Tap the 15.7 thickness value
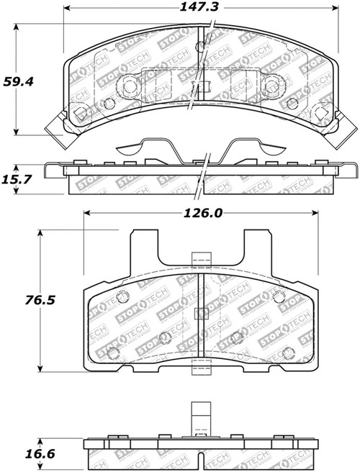tap(17, 179)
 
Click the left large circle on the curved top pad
tap(130, 87)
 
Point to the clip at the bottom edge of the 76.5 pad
tap(202, 375)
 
